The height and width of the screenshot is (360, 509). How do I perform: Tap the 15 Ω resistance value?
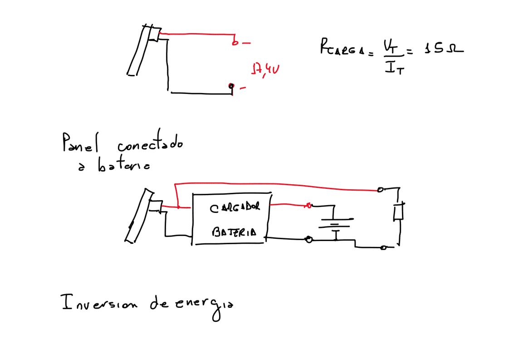[x=443, y=47]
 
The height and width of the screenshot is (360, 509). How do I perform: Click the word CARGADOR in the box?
[x=235, y=208]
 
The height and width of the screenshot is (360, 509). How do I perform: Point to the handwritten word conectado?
[x=150, y=144]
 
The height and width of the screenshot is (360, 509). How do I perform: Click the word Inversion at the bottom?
[x=98, y=302]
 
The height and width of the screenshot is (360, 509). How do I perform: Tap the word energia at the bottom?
[x=204, y=306]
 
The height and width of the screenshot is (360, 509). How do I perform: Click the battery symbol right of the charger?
[x=335, y=223]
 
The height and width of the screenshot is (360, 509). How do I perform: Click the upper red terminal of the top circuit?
[x=235, y=43]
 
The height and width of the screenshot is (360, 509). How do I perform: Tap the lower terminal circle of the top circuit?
[x=231, y=86]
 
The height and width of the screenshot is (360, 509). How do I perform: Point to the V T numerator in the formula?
[x=391, y=46]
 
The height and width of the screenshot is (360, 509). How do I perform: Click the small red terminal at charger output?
[x=308, y=206]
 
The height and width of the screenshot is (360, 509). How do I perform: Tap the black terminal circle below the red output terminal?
[x=309, y=239]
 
